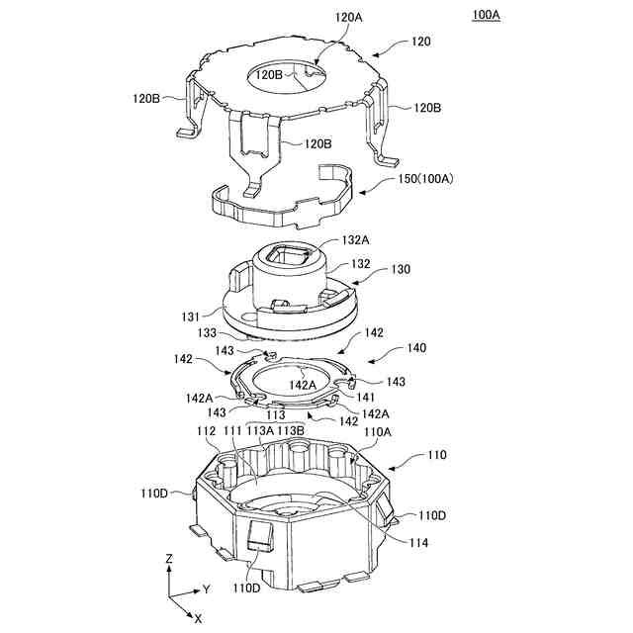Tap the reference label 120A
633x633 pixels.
tap(349, 17)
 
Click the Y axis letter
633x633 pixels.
tap(207, 589)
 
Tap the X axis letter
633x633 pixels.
tap(198, 618)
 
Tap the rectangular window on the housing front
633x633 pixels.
tap(260, 536)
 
